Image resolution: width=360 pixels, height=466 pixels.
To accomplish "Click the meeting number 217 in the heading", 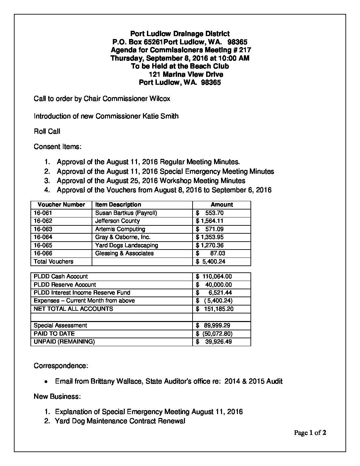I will [245, 50].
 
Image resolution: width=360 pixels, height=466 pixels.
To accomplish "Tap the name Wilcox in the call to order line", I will [160, 99].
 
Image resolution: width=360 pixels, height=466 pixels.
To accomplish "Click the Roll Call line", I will [47, 131].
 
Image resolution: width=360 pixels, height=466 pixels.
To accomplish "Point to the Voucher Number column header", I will [61, 205].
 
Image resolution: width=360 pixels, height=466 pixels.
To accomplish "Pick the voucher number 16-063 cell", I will [43, 229].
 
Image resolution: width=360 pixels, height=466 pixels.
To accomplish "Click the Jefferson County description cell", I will [117, 221].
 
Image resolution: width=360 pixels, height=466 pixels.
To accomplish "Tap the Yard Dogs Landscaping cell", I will [126, 246].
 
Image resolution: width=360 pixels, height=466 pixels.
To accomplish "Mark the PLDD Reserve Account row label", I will [65, 285].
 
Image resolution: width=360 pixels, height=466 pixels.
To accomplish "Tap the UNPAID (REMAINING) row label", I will [64, 342].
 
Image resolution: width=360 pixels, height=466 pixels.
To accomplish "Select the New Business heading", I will [57, 396].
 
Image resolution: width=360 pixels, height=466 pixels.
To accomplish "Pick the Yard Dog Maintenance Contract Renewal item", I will [120, 421].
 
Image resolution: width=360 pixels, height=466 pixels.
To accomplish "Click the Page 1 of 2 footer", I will [310, 433].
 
